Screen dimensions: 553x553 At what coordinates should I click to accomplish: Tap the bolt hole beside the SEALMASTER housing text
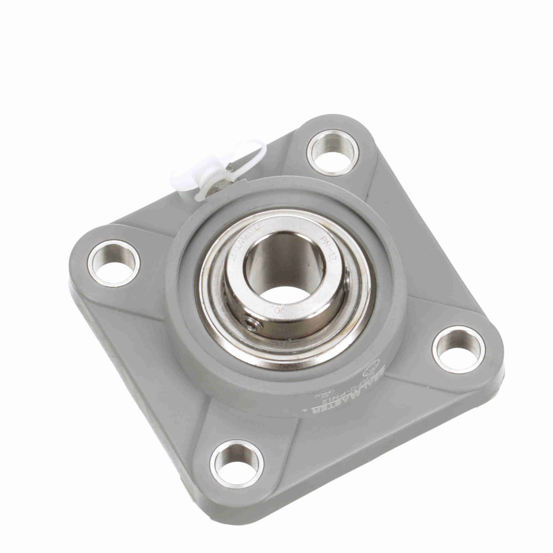[x=459, y=348]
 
